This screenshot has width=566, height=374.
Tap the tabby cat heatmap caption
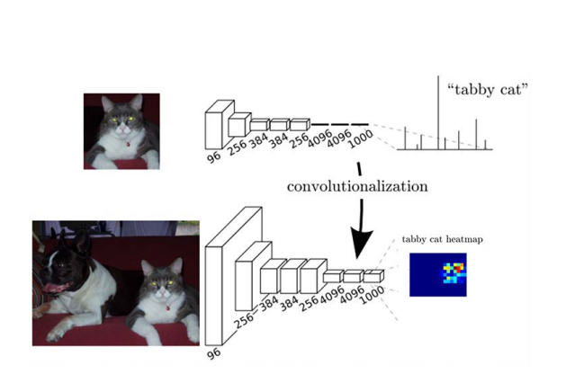click(x=438, y=239)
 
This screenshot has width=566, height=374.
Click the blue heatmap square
click(x=438, y=274)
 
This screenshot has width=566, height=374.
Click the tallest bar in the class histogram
click(x=440, y=108)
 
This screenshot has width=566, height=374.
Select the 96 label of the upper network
click(x=214, y=158)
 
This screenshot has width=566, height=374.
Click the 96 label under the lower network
click(x=213, y=352)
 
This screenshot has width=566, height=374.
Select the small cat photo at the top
click(x=121, y=131)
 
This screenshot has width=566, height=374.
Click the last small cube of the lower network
click(x=373, y=276)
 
